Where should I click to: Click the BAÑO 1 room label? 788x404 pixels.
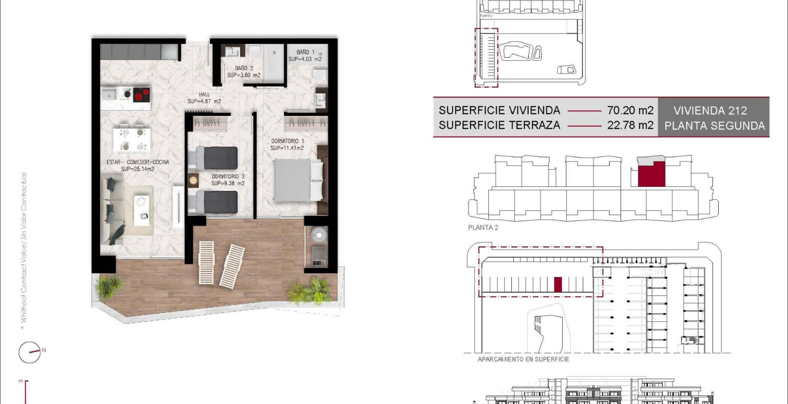305,52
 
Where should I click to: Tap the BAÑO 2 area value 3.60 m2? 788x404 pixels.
244,76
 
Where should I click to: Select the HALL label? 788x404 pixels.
204,94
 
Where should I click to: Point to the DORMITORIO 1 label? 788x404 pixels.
287,141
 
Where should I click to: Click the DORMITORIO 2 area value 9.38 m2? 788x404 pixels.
228,183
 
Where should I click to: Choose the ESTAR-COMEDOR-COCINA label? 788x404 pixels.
138,162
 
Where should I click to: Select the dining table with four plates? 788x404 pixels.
132,139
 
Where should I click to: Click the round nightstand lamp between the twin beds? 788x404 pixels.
193,180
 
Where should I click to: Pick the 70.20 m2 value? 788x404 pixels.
630,110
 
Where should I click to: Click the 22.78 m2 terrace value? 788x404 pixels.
630,126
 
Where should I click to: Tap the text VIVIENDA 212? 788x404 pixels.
710,111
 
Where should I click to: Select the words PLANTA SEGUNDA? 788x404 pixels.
714,126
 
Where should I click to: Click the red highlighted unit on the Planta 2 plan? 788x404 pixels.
651,175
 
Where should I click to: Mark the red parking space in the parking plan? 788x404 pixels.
558,285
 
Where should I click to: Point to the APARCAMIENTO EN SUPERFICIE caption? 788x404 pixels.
523,359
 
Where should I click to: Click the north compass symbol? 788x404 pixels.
30,352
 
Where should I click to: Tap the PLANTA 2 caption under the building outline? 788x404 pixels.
483,227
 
